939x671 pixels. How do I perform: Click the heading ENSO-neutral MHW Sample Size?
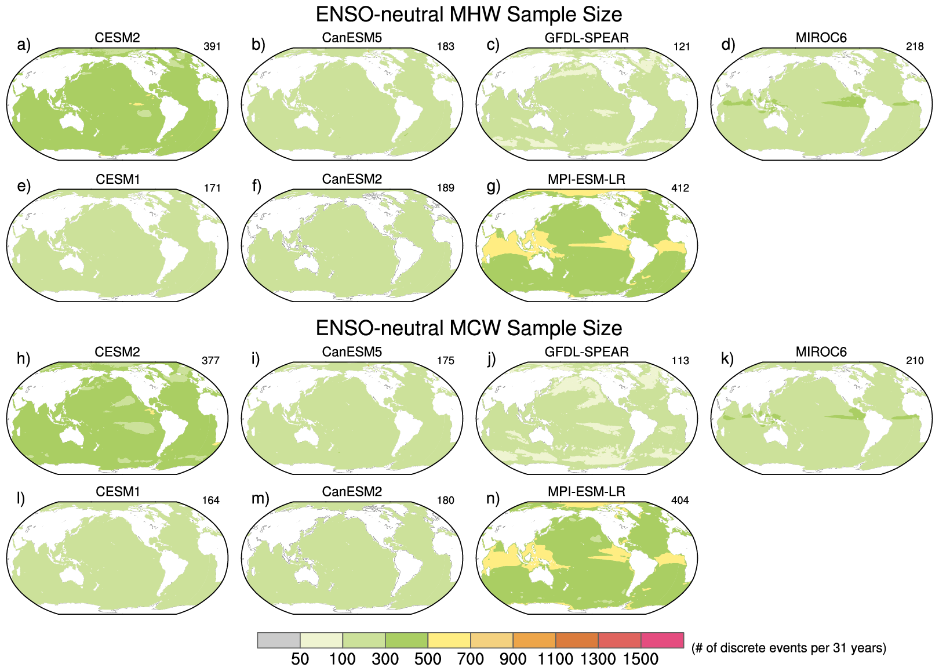coord(469,14)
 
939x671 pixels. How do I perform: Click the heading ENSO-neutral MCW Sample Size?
coord(469,328)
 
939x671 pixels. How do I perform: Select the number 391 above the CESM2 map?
coord(212,46)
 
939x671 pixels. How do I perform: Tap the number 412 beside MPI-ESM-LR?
coord(680,188)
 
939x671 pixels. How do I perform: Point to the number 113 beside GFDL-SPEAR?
coord(680,361)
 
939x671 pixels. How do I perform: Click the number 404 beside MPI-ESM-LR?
coord(680,500)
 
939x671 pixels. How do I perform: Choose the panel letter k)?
coord(727,358)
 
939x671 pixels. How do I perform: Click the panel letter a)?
coord(24,45)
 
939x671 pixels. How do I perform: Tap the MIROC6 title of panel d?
coord(821,38)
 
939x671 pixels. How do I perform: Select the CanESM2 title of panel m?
coord(352,492)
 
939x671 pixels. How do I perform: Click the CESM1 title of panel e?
coord(118,180)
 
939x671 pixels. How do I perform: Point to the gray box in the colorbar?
coord(279,640)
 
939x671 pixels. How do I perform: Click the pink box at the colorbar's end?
coord(663,640)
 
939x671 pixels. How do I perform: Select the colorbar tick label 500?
coord(428,659)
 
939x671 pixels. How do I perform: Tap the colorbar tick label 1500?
coord(640,659)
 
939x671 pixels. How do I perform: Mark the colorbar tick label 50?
coord(300,659)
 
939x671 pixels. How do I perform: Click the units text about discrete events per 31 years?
coord(788,648)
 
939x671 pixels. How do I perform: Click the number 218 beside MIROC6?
coord(915,46)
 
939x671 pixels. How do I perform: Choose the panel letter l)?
coord(21,498)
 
